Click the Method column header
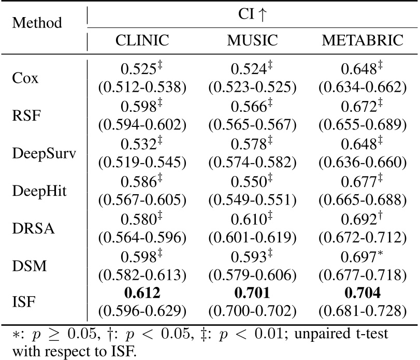[37, 23]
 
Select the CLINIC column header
[141, 40]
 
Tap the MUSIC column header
[252, 40]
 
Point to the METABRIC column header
[362, 40]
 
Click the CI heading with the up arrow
[252, 13]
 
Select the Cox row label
[24, 80]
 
